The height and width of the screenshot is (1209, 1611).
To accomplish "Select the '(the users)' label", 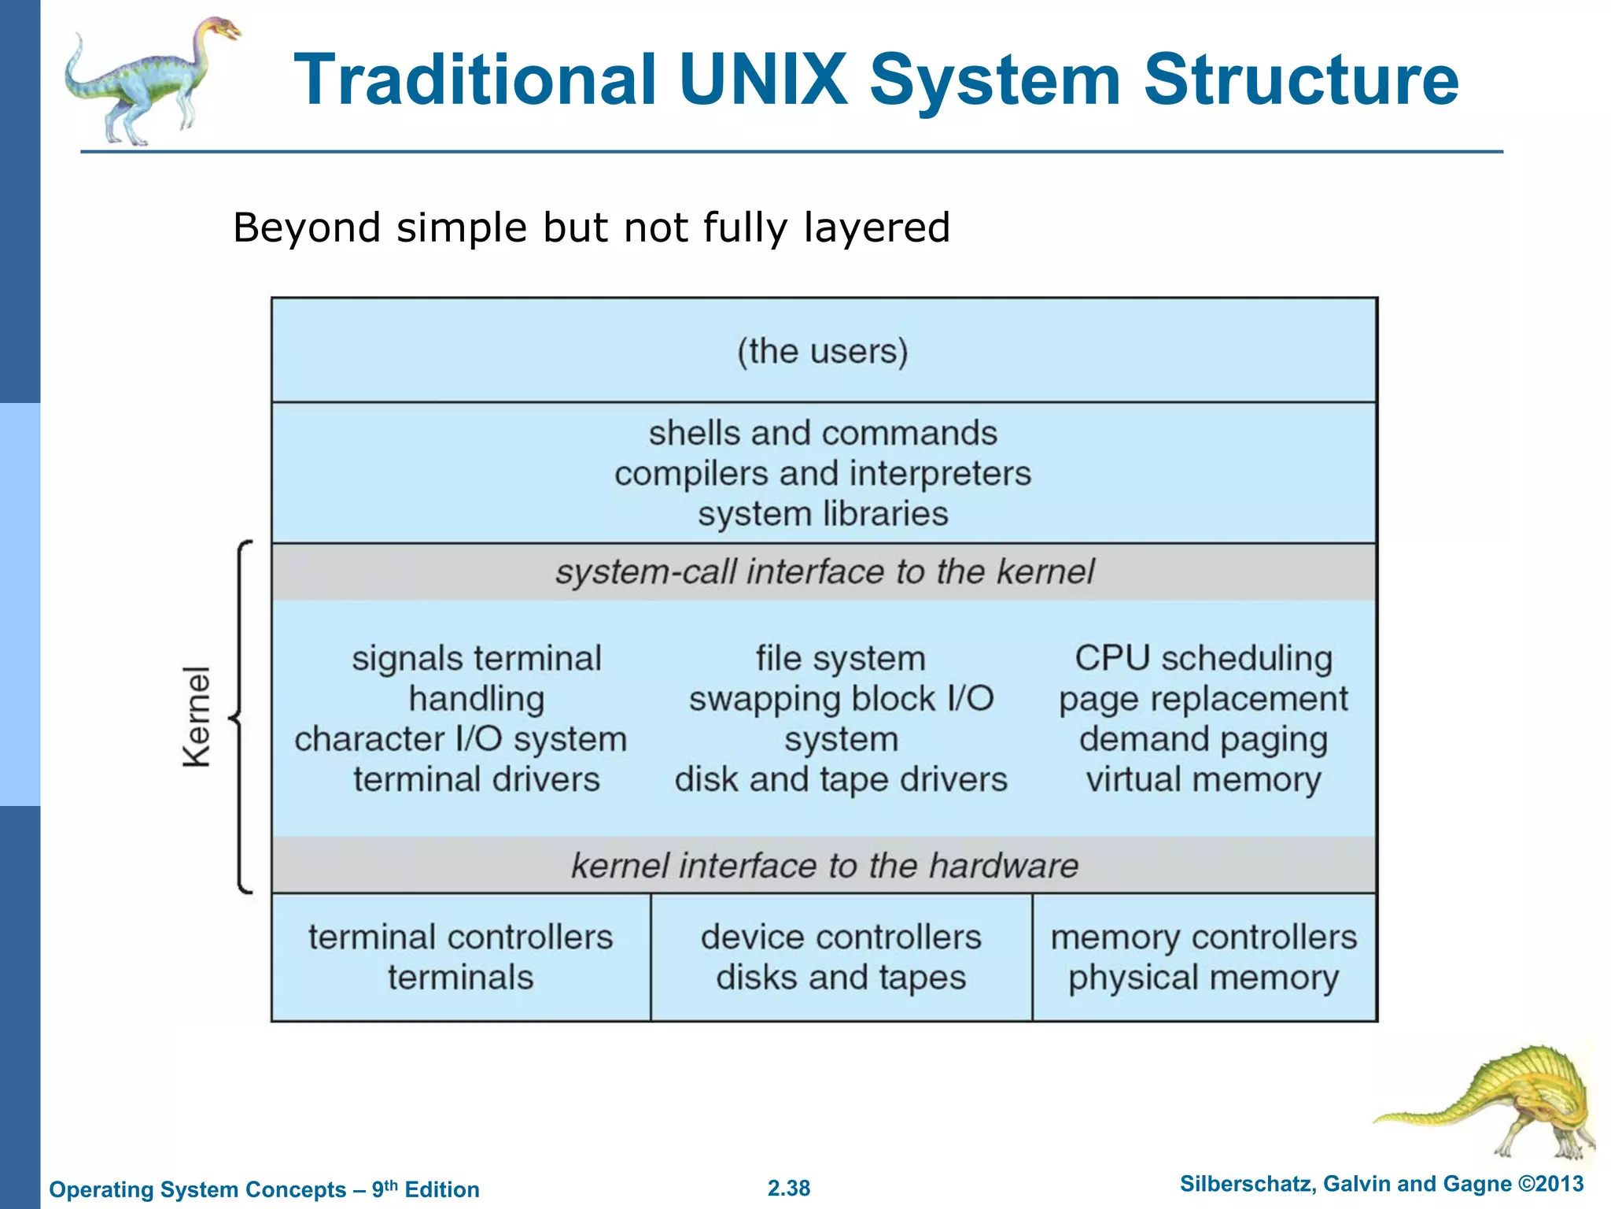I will click(x=823, y=351).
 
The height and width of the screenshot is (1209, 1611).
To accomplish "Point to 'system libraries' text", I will click(x=823, y=514).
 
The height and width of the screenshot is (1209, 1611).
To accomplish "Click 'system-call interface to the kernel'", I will click(x=824, y=572).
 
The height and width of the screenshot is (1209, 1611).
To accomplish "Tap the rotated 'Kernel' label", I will click(x=197, y=716).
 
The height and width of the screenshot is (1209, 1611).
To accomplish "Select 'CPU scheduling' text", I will click(x=1204, y=658).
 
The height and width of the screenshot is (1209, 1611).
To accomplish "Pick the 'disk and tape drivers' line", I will click(x=841, y=780).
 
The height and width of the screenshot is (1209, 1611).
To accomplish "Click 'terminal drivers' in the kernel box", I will click(x=476, y=780).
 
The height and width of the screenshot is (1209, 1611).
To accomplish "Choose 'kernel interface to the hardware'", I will click(x=824, y=866).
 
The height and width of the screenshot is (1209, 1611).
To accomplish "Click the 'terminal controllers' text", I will click(x=460, y=937).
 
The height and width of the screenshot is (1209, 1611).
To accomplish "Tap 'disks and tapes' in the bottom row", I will click(x=841, y=978).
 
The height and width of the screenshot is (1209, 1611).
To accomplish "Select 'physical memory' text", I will click(x=1204, y=978).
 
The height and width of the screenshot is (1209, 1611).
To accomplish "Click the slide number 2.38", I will click(x=788, y=1188).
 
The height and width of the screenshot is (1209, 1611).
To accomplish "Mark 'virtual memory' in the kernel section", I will click(x=1204, y=780).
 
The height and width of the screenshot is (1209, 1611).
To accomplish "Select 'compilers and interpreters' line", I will click(x=823, y=474).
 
